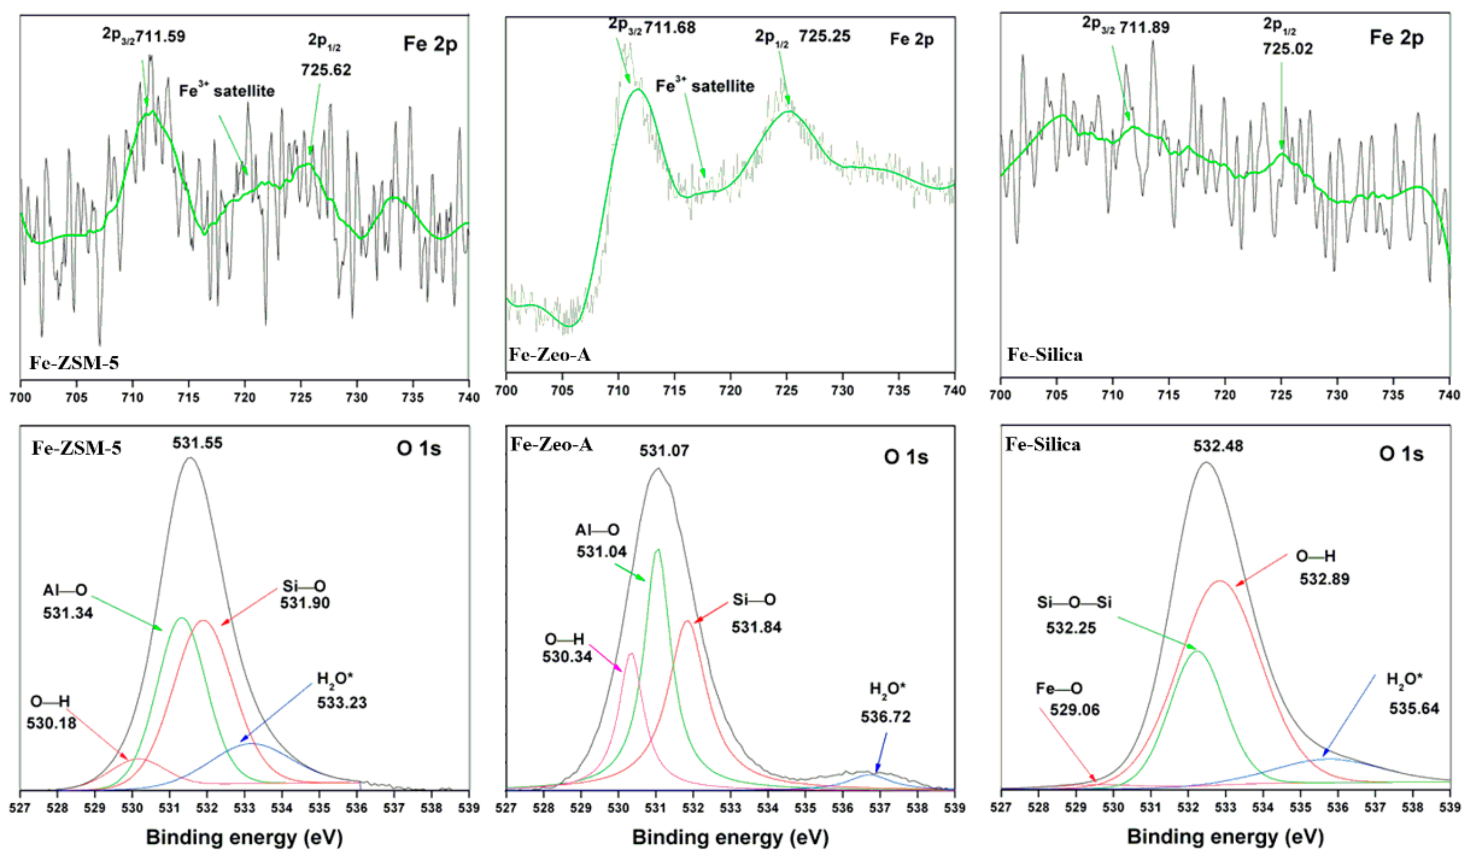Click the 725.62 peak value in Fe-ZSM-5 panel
pyautogui.click(x=326, y=70)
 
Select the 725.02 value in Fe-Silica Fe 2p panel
pyautogui.click(x=1287, y=48)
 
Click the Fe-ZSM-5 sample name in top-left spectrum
pyautogui.click(x=74, y=363)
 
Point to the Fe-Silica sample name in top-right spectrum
pyautogui.click(x=1045, y=355)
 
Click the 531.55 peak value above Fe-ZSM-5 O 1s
pyautogui.click(x=197, y=443)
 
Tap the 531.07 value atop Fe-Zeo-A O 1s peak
pyautogui.click(x=664, y=451)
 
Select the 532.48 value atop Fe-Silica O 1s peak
pyautogui.click(x=1218, y=446)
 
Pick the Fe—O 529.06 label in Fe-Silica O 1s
pyautogui.click(x=1067, y=699)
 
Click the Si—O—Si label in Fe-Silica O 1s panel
pyautogui.click(x=1074, y=602)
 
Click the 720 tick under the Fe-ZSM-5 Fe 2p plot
pyautogui.click(x=245, y=398)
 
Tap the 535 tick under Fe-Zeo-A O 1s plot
pyautogui.click(x=805, y=808)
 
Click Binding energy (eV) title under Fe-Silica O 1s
pyautogui.click(x=1225, y=837)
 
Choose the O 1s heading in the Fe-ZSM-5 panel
pyautogui.click(x=419, y=449)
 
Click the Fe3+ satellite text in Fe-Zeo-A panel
pyautogui.click(x=705, y=86)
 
